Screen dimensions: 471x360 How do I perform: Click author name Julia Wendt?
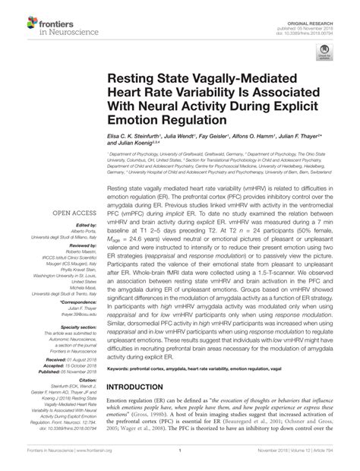[191, 135]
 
